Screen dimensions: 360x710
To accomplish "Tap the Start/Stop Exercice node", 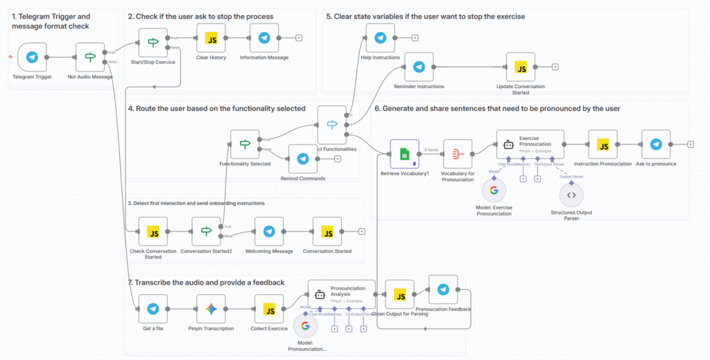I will (153, 42).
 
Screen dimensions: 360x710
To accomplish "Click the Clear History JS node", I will (211, 38).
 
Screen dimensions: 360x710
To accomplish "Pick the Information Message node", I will (264, 38).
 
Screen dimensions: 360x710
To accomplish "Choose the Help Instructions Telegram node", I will (380, 37).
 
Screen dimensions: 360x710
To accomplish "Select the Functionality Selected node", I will (245, 144).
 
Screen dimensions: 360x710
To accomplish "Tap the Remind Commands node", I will (302, 159).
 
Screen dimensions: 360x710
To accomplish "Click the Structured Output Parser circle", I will (571, 195).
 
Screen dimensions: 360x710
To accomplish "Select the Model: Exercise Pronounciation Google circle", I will (494, 190).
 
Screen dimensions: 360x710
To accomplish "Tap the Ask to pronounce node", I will (656, 144).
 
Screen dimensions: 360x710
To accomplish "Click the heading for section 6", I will (496, 108).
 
